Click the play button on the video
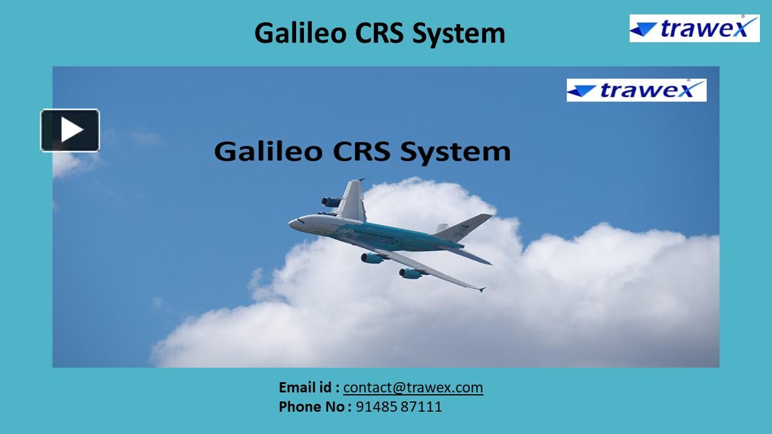(70, 130)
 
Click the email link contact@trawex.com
(413, 388)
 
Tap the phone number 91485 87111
(399, 407)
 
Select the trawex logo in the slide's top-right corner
(694, 28)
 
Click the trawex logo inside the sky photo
(636, 90)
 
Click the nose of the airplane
(291, 224)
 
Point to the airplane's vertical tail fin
(465, 225)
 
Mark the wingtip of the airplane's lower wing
(482, 289)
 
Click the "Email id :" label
(309, 388)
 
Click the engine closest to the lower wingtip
(410, 273)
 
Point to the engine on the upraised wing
(331, 202)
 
